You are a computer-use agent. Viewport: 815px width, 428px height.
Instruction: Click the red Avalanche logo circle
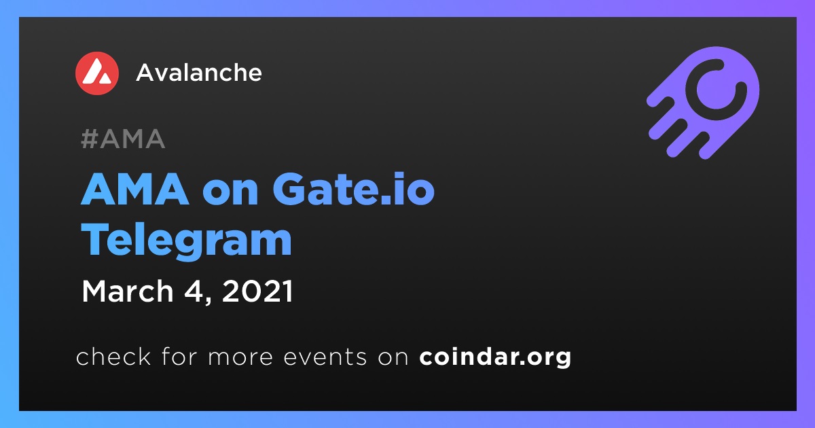pos(96,73)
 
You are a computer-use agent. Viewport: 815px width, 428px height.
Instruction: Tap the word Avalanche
pos(198,73)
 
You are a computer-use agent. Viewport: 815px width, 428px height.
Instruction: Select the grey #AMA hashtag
pos(123,139)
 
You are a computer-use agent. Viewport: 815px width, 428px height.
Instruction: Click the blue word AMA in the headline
pos(135,190)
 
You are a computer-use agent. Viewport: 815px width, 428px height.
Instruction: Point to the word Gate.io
pos(353,190)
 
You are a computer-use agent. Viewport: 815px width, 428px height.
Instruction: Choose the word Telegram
pos(186,241)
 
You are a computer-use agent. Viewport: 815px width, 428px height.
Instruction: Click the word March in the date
pos(128,291)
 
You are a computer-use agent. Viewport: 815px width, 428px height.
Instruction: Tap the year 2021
pos(257,291)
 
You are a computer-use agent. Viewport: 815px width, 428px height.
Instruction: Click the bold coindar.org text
pos(495,357)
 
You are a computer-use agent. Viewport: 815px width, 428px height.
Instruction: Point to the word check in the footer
pos(113,356)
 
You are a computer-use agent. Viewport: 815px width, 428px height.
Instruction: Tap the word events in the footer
pos(325,357)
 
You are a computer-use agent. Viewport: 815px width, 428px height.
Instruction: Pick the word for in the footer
pos(179,356)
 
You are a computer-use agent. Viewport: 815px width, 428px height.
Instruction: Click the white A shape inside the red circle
pos(96,72)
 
